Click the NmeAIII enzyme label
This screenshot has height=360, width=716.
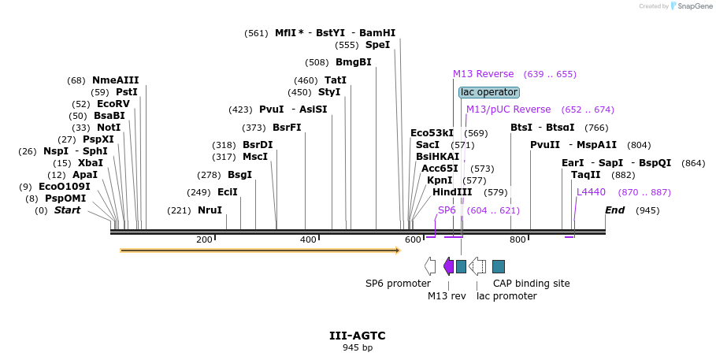point(115,80)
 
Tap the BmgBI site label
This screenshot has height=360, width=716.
point(353,62)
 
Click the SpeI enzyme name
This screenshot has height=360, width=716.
point(377,45)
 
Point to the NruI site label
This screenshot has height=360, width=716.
point(210,210)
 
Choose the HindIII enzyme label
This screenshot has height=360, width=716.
point(452,191)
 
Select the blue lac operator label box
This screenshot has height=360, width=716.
point(489,92)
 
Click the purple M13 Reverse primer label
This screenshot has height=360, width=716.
point(483,74)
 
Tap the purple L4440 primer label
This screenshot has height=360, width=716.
point(591,191)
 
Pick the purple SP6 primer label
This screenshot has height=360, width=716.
point(447,210)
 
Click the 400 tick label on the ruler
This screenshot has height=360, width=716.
point(308,239)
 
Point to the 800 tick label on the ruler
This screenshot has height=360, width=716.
point(517,239)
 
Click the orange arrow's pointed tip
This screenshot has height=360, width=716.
point(399,251)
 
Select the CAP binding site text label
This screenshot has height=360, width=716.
point(531,284)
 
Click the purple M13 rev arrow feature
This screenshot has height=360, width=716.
point(448,266)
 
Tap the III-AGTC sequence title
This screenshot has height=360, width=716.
point(358,336)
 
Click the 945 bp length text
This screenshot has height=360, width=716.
point(358,347)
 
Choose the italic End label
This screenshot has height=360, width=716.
point(614,210)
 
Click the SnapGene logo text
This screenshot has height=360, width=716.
point(692,6)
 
